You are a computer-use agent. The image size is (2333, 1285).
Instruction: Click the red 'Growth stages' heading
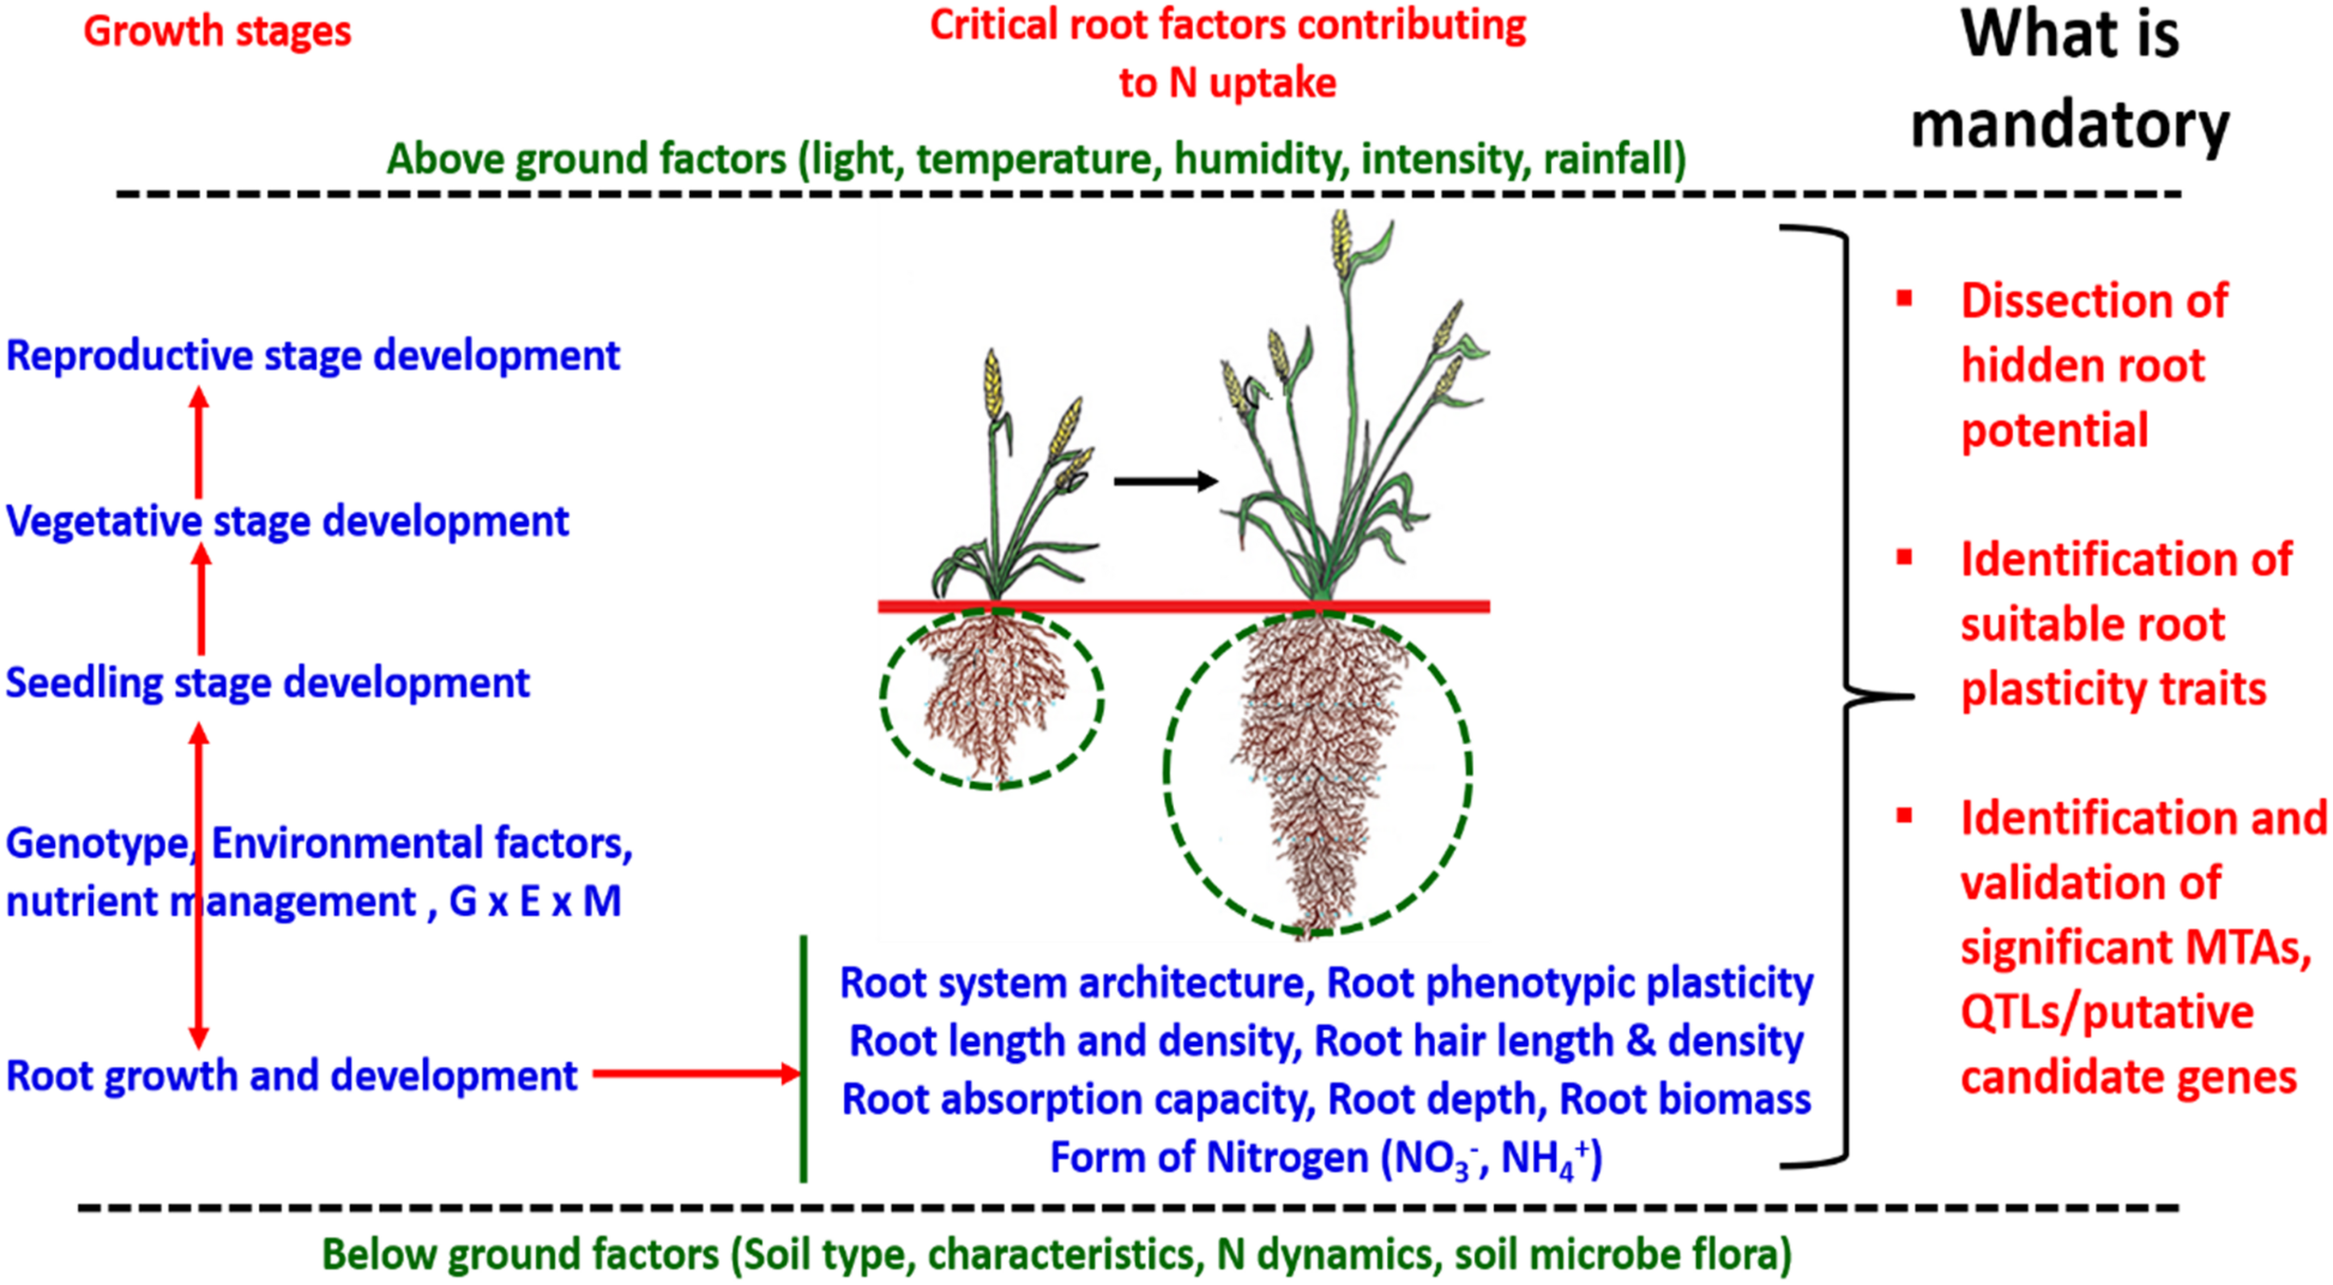point(217,32)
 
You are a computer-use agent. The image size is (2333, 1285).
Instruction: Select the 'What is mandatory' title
point(2069,79)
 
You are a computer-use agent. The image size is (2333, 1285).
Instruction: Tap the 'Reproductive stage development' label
point(313,356)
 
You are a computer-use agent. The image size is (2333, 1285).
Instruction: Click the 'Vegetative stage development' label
point(287,522)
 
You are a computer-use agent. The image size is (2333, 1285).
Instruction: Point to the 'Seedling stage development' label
point(268,683)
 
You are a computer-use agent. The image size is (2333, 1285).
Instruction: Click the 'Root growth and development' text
point(292,1076)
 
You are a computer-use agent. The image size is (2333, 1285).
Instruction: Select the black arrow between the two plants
point(1165,482)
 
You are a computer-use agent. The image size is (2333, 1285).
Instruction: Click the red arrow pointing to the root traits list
point(695,1073)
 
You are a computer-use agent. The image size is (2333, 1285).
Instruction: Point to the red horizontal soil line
point(1183,607)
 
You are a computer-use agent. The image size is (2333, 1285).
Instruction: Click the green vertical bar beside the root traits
point(803,1059)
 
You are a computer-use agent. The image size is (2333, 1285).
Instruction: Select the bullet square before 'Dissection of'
point(1905,299)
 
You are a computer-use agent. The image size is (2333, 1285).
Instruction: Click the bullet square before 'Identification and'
point(1905,816)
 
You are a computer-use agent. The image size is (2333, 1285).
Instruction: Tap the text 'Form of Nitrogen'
point(1208,1157)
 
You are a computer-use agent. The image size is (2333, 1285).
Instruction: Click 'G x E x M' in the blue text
point(535,901)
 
